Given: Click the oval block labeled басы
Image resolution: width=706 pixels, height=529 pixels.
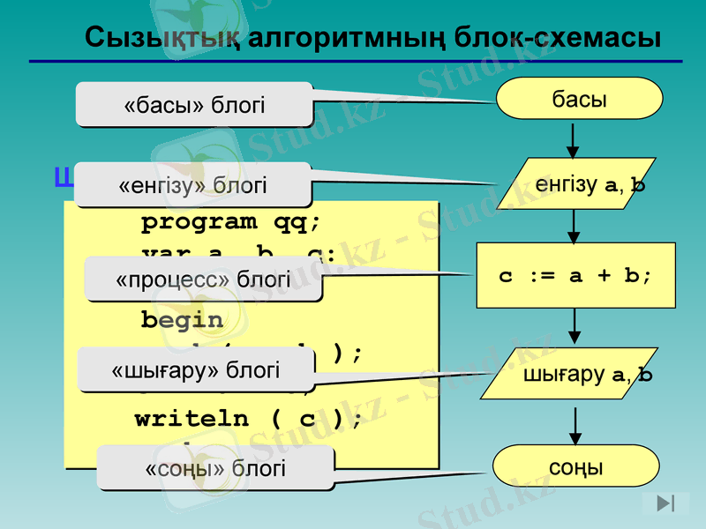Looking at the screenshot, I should coord(579,98).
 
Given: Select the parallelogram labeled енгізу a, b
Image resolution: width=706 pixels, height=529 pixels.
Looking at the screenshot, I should coord(576,183).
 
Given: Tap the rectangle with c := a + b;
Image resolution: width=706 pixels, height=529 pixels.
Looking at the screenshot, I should coord(575,275).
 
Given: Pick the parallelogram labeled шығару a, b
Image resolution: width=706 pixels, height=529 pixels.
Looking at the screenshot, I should coord(576,375).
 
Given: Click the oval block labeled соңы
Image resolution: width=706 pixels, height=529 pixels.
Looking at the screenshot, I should coord(576,466).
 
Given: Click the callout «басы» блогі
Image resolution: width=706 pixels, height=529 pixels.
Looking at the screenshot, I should coord(194,104).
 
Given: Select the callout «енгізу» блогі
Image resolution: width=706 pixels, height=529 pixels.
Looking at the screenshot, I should coord(192,184).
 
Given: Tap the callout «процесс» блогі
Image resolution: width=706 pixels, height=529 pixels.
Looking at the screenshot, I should coord(203,279).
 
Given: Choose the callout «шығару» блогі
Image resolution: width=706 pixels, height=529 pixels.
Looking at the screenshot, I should coord(195,369).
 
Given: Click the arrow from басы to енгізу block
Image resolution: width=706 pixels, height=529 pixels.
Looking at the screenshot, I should coord(573,138).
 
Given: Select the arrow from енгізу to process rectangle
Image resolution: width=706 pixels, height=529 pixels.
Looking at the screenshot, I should coord(574,226).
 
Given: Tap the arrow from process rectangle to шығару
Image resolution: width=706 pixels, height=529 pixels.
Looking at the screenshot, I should coord(575,327).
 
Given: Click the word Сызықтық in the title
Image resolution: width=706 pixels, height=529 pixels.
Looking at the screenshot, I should coord(162,38).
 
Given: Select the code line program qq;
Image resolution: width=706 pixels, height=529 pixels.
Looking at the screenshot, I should coord(231,220).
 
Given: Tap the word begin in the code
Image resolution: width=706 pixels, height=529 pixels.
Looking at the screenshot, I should coord(182,319).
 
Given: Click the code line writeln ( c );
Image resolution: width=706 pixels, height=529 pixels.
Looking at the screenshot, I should coord(248,418).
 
